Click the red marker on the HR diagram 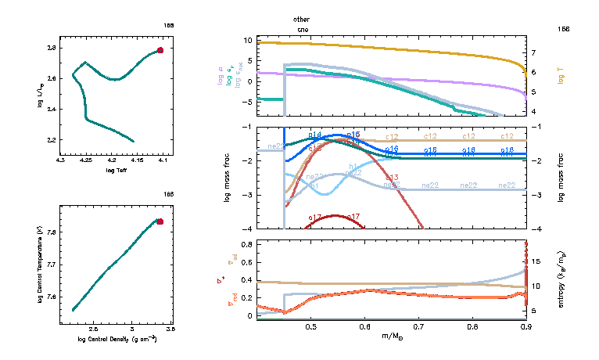(160, 50)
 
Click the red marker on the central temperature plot (160, 221)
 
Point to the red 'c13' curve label (393, 178)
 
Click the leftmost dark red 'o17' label (315, 217)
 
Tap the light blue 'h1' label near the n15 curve (353, 167)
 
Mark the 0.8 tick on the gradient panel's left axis (246, 245)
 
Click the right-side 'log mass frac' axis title (561, 178)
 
